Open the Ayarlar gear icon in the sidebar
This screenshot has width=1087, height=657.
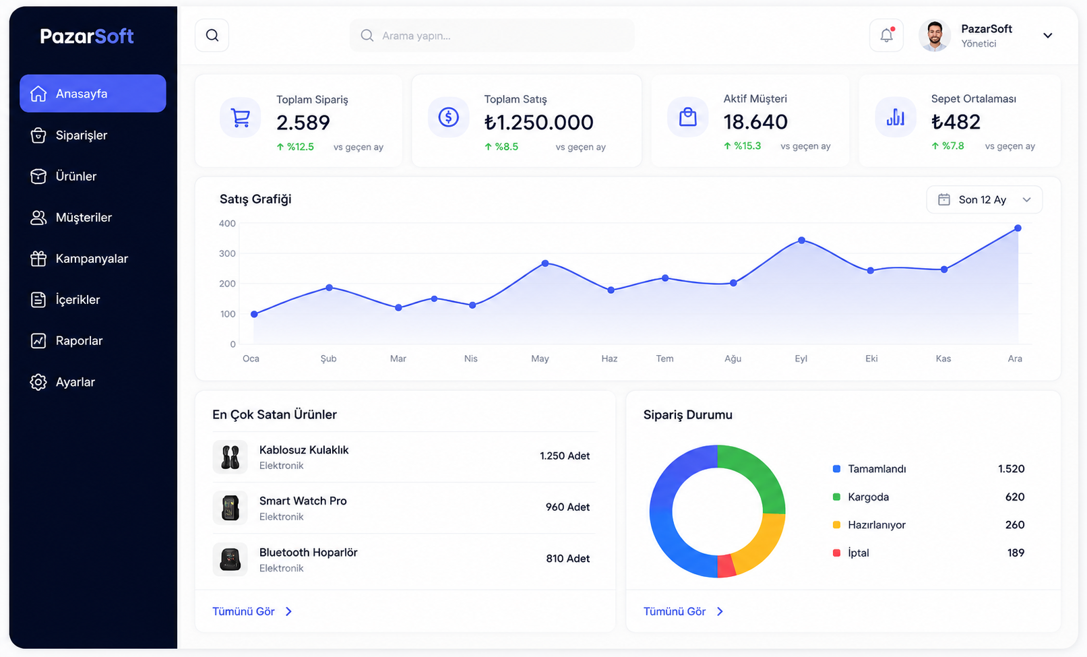[38, 382]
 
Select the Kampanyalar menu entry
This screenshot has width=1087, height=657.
[92, 259]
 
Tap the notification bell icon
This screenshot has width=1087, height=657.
[887, 36]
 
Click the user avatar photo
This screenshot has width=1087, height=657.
[935, 36]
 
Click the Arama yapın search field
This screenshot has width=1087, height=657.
[492, 36]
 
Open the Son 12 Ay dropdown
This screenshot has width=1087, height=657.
[984, 199]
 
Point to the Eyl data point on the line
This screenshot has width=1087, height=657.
[802, 240]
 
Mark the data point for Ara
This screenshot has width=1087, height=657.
[1018, 228]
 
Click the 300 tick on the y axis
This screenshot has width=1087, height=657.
[227, 253]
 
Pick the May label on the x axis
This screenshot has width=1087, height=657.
[540, 358]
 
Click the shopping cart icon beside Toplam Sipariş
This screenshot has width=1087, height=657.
[240, 117]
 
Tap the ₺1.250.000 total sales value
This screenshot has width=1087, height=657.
[538, 122]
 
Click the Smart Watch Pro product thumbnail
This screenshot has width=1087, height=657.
[230, 507]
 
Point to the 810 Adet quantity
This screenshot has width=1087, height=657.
[568, 559]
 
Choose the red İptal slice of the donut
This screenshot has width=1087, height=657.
[726, 566]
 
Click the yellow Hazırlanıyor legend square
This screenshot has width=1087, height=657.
[836, 524]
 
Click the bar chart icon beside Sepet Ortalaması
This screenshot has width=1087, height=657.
[896, 117]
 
